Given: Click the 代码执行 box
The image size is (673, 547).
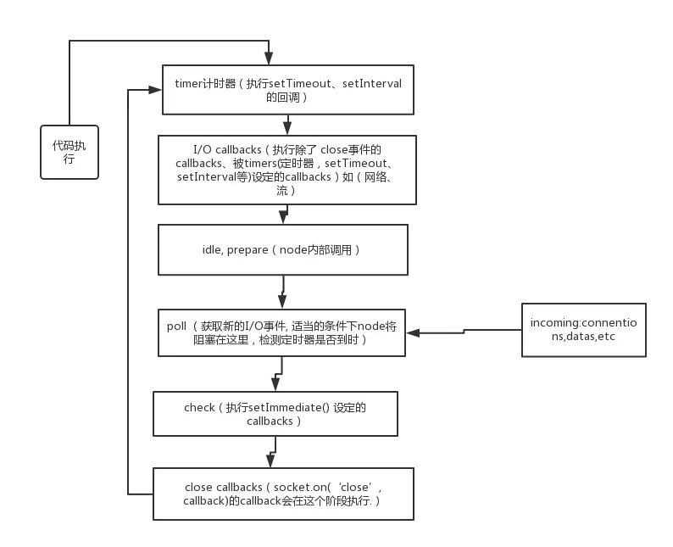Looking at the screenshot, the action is pyautogui.click(x=70, y=151).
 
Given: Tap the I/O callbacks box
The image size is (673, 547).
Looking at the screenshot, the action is pyautogui.click(x=286, y=169).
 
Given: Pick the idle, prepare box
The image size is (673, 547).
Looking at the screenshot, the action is pyautogui.click(x=283, y=250).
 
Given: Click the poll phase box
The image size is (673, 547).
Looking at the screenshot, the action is pyautogui.click(x=281, y=332).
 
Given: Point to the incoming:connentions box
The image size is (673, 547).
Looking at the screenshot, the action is pyautogui.click(x=585, y=329).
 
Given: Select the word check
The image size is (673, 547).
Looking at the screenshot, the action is pyautogui.click(x=199, y=407).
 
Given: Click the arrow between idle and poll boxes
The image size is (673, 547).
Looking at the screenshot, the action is pyautogui.click(x=281, y=292).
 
